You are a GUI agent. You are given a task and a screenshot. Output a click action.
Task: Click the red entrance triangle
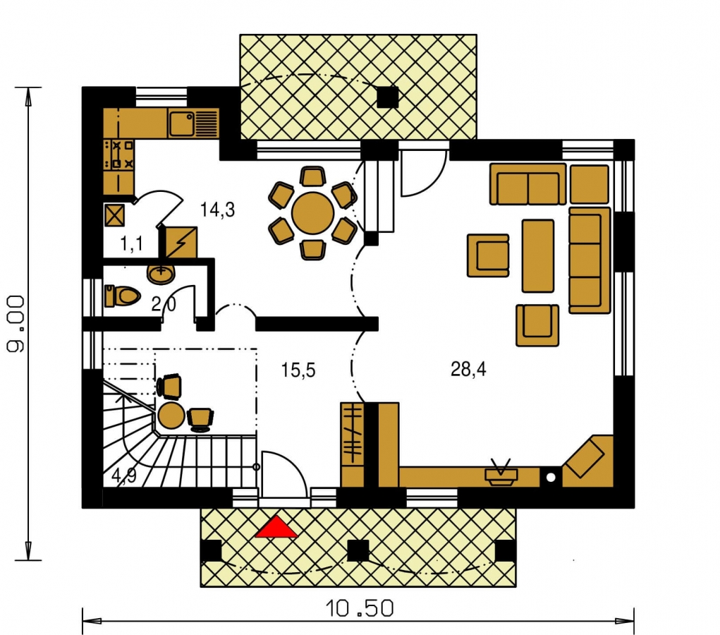point(276,526)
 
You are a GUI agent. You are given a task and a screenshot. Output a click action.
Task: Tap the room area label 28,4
point(468,369)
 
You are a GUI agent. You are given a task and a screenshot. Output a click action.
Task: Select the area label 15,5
point(298,370)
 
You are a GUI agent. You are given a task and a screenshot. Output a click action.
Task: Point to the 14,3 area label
point(217,210)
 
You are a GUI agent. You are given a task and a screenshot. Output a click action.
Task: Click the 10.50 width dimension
point(360,609)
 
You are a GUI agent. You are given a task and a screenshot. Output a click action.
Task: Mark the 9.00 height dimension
point(16,323)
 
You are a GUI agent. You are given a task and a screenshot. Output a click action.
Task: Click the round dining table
point(312,214)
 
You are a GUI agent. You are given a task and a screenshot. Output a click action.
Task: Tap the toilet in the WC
point(122,296)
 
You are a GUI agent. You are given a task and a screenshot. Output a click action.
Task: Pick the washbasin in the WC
point(161,273)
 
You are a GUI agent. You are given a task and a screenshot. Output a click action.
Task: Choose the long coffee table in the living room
point(537,256)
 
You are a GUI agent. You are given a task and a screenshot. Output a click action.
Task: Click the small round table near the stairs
point(171,416)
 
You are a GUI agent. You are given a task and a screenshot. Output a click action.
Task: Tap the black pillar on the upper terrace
point(388,97)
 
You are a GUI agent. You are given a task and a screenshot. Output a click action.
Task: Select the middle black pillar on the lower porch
point(358,550)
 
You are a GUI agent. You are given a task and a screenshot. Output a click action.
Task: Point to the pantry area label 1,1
point(131,244)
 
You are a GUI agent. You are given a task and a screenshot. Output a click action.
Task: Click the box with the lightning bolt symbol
point(181,242)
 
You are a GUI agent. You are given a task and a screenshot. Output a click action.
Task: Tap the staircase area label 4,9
point(124,476)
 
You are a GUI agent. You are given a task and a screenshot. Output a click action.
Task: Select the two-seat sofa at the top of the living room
point(528,183)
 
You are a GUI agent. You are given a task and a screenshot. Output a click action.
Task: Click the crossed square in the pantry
point(114,215)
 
